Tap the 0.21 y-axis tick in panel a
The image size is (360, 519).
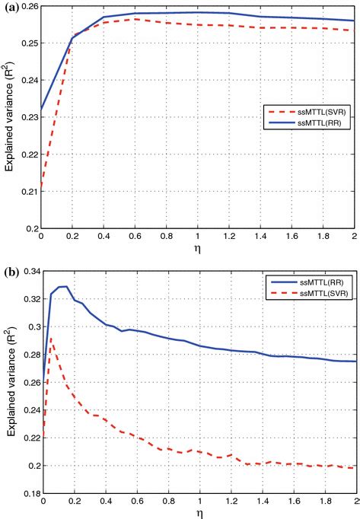(x=29, y=191)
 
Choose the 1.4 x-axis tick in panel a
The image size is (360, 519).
(x=260, y=237)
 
